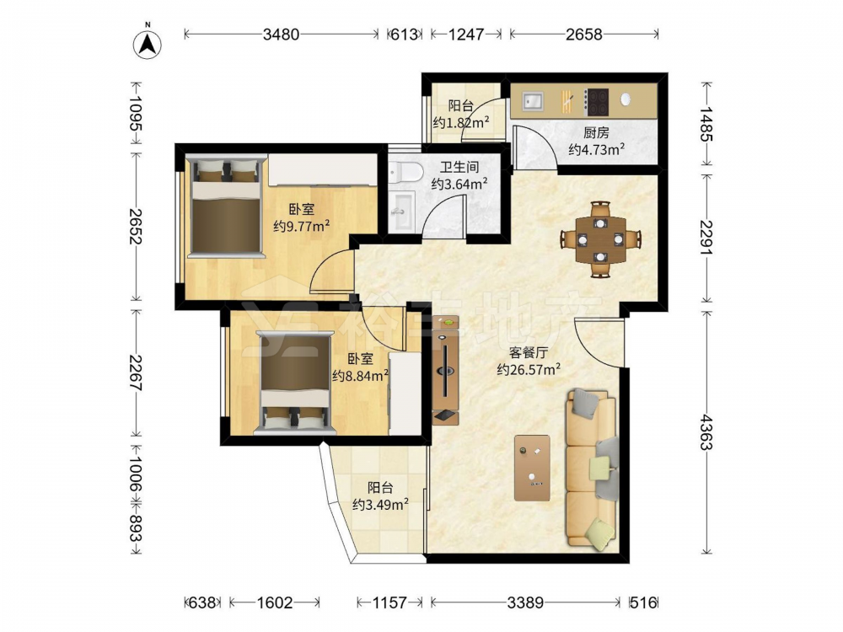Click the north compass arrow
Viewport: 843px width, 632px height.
coord(148,43)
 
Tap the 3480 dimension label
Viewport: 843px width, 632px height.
coord(281,35)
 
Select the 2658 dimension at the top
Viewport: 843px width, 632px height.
coord(584,35)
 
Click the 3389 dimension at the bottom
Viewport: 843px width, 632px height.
coord(525,603)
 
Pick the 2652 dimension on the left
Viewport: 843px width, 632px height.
coord(135,226)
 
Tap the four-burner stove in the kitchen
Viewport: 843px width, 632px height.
coord(597,102)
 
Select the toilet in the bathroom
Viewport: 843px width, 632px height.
coord(406,171)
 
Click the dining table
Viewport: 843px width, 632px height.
coord(600,239)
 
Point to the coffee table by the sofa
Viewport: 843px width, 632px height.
coord(532,468)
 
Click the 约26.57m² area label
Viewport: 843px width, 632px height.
coord(529,369)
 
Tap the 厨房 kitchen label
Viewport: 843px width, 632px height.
coord(596,132)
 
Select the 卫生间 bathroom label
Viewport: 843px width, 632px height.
coord(459,167)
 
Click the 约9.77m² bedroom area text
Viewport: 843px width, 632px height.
coord(302,226)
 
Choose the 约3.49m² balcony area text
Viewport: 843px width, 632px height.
coord(380,505)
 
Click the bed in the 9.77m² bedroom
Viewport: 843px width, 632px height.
coord(226,206)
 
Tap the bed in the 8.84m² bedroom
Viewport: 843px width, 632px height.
coord(295,383)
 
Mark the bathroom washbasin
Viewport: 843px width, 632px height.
coord(401,212)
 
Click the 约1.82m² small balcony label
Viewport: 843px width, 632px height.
coord(461,122)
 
